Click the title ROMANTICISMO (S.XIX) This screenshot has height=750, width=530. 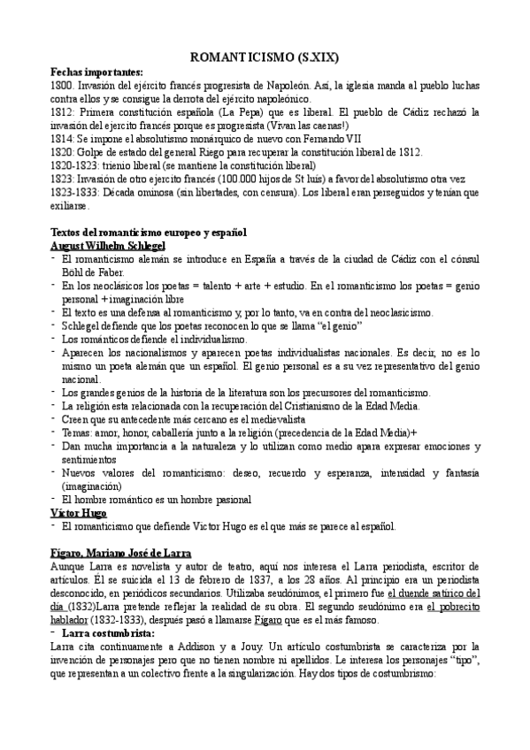point(264,57)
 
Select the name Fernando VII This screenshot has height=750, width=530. point(311,139)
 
